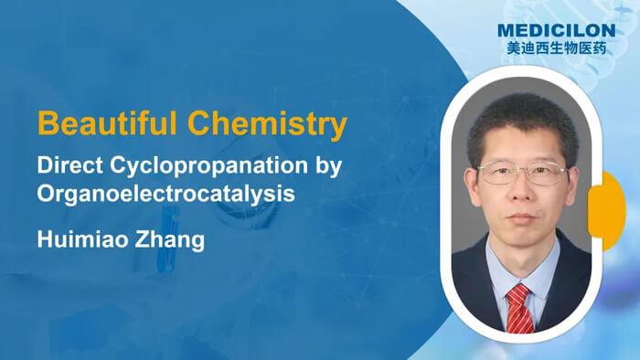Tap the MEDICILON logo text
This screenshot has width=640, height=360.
(x=555, y=31)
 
